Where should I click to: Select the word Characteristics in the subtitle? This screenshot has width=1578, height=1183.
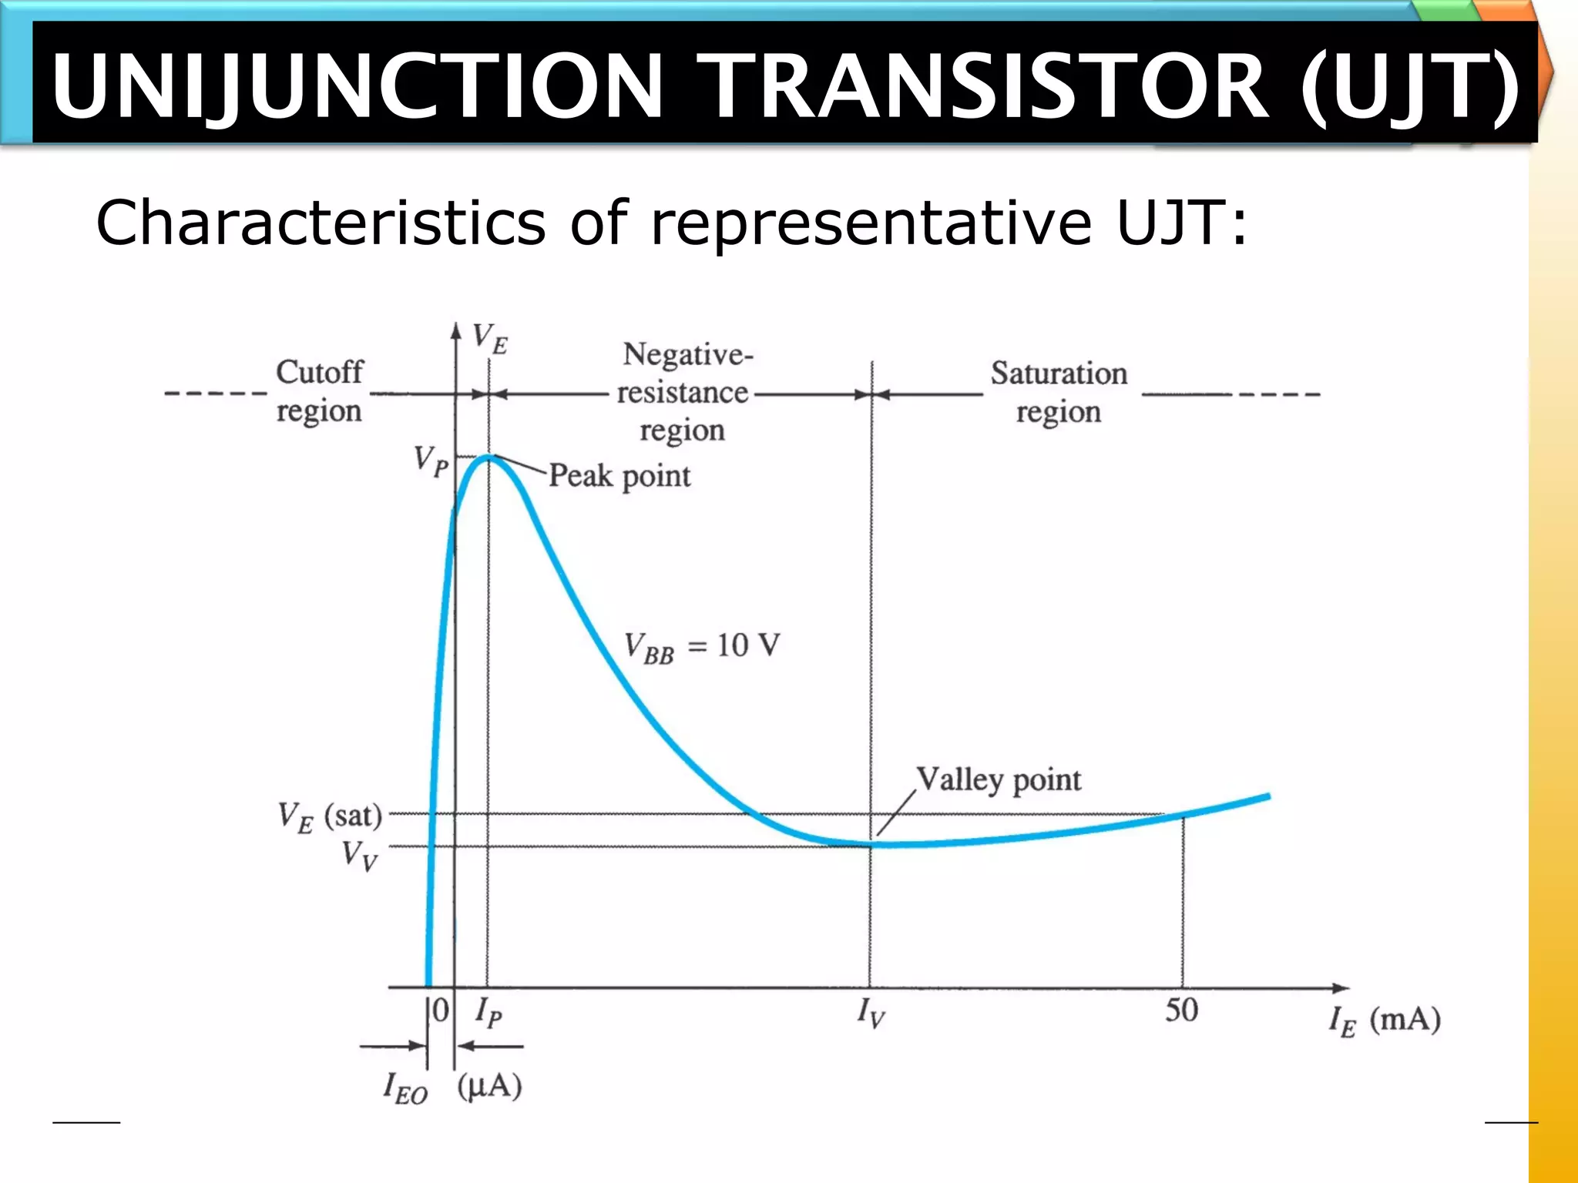coord(321,223)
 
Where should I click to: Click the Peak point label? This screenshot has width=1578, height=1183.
coord(619,476)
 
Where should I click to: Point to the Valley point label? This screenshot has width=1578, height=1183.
coord(999,780)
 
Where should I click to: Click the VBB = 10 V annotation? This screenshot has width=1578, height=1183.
coord(702,646)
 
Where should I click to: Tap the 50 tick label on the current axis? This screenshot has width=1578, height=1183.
coord(1181,1010)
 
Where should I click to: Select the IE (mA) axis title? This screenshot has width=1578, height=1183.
coord(1385,1021)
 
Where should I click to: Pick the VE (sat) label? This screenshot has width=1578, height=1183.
coord(330,817)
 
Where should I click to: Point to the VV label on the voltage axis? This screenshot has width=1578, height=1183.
coord(360,855)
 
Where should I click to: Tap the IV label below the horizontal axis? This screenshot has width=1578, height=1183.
coord(871,1012)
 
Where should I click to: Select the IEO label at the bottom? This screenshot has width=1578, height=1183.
coord(405,1087)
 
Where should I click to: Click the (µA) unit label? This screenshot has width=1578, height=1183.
coord(490,1086)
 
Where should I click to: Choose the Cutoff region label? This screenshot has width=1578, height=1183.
coord(319,391)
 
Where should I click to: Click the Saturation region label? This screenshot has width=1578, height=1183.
coord(1059,392)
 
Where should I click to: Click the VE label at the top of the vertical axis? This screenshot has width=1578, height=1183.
coord(490,338)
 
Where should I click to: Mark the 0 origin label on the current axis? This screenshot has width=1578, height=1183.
coord(441,1010)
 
